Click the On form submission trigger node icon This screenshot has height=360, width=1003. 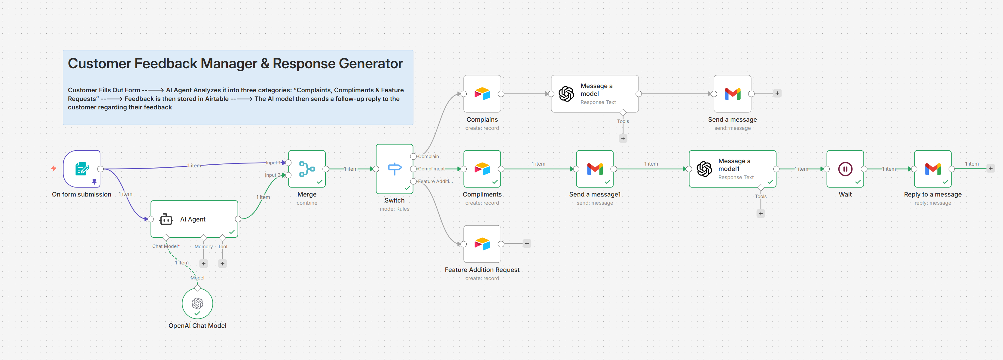coord(82,169)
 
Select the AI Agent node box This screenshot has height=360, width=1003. coord(194,219)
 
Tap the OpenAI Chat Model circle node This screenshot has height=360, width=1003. coord(197,303)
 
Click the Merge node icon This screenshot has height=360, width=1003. coord(307,169)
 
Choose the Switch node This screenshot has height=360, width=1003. coord(395,169)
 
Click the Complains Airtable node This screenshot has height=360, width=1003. coord(482,94)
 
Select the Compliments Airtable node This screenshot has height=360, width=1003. coord(482,169)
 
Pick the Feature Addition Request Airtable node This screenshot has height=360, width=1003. coord(482,244)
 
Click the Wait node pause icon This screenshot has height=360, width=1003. coord(845,169)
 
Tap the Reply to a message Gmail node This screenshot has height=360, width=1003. coord(932,169)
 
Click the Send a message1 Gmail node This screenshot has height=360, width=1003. coord(595,169)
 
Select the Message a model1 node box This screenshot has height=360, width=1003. coord(732,169)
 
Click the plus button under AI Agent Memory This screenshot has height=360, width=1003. coord(203,264)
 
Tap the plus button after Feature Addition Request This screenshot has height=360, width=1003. coord(527,244)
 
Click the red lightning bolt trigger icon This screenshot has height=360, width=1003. coord(54,169)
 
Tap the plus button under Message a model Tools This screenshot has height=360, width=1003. coord(623,139)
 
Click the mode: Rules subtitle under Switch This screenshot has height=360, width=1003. coord(395,209)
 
